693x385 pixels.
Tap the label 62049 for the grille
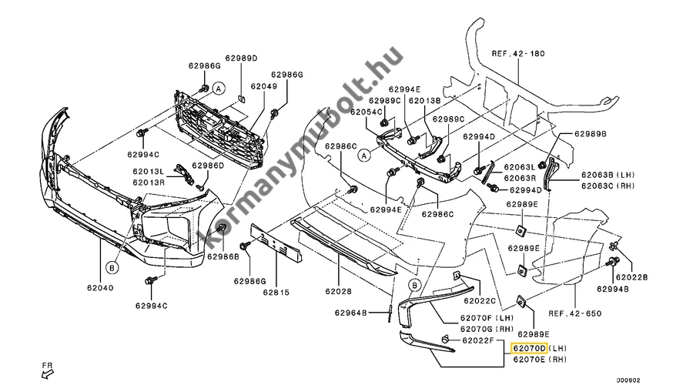tap(263, 88)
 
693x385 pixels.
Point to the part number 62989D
tap(241, 59)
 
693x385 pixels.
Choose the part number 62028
tap(339, 293)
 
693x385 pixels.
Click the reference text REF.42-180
tap(517, 54)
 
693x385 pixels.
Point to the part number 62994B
tap(630, 289)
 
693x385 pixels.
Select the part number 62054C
tap(367, 112)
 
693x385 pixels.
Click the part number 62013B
tap(424, 101)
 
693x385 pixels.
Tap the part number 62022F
tap(479, 340)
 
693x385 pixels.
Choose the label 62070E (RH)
tap(539, 360)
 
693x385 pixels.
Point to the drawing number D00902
tap(628, 378)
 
